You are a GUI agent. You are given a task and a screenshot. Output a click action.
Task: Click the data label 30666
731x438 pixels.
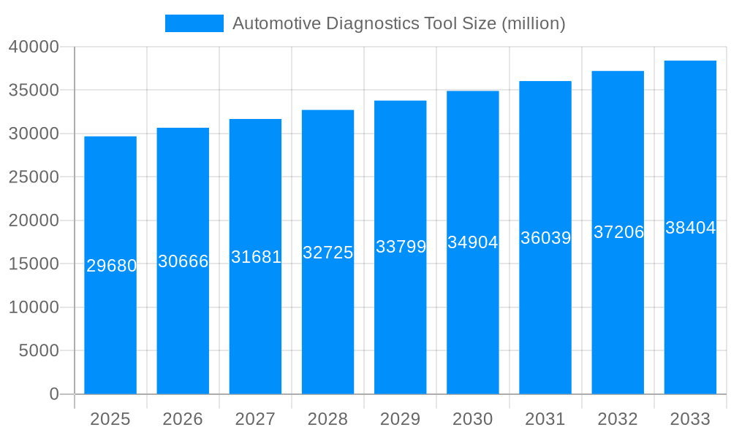[183, 261]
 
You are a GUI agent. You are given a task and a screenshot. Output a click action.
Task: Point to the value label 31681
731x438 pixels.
[256, 257]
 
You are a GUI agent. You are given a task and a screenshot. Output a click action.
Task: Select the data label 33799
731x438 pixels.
[401, 247]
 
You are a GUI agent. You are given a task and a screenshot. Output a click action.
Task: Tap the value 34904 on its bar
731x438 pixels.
[473, 242]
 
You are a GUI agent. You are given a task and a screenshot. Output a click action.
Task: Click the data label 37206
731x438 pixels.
[618, 232]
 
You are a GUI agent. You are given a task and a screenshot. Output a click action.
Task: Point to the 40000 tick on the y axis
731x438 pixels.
[33, 47]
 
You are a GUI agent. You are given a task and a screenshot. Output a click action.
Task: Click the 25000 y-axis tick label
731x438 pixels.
[33, 177]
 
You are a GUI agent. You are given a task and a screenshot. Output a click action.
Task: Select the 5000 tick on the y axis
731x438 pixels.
[38, 350]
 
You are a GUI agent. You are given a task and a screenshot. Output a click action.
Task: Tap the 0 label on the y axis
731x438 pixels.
[54, 394]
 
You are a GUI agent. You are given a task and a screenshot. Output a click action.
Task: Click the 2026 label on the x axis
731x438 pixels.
[183, 419]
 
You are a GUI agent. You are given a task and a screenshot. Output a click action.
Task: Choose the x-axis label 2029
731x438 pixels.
[401, 419]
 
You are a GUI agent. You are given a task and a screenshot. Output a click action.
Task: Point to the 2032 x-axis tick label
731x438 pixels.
[618, 419]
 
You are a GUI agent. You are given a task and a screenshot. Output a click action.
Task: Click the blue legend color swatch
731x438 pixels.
[194, 23]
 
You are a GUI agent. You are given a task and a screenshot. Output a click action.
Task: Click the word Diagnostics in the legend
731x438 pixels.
[373, 23]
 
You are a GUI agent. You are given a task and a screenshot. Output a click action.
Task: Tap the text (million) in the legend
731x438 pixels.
[533, 23]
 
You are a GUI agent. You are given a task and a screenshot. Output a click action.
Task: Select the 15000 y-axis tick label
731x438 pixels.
[33, 264]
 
